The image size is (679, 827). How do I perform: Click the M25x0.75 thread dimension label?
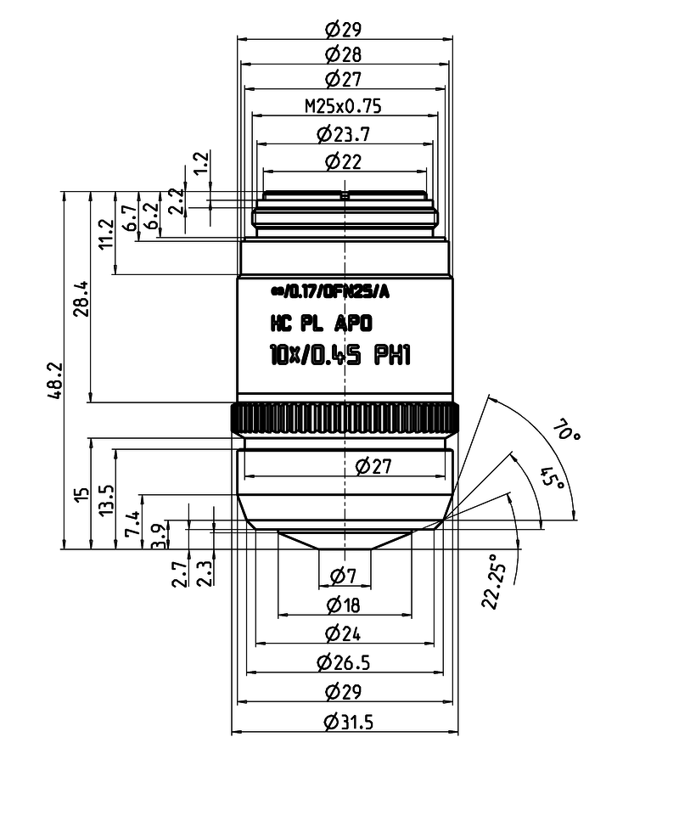coord(343,106)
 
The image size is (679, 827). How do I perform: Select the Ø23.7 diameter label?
coord(343,134)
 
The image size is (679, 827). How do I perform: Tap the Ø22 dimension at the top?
coord(344,160)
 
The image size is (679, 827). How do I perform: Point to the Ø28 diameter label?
coord(344,55)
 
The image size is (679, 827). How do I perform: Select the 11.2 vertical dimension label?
coord(106,233)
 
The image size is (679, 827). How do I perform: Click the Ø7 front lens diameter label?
coord(344,577)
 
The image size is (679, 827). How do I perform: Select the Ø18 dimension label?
coord(344,605)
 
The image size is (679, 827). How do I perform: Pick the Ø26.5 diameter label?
coord(343,661)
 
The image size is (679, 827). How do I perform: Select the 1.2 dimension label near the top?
coord(201,163)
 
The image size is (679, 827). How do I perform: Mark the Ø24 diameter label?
coord(344,633)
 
